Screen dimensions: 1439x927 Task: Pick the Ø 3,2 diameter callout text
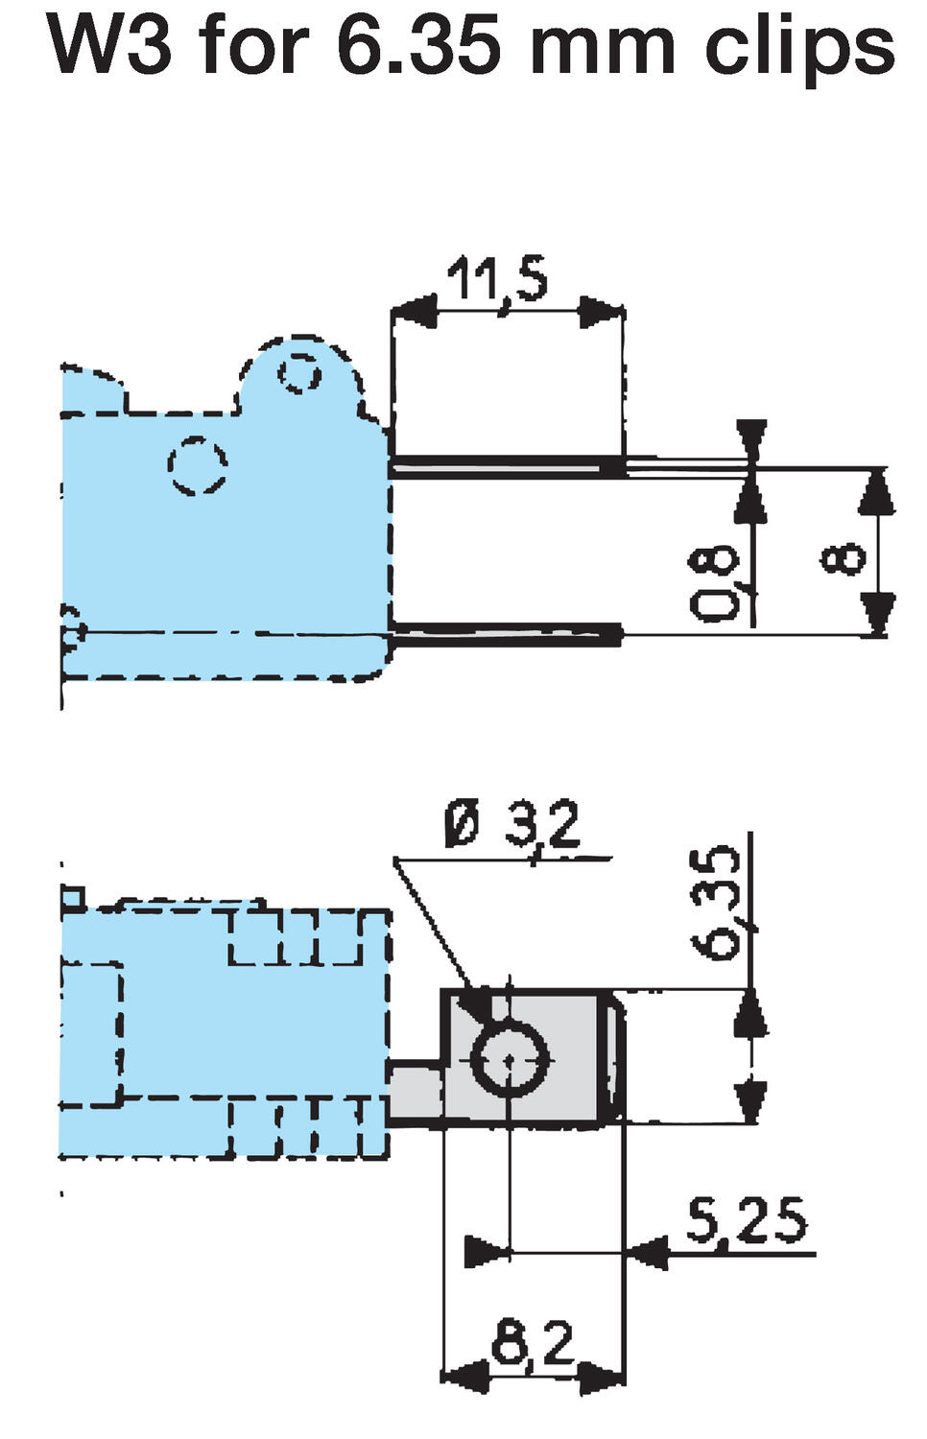(x=513, y=826)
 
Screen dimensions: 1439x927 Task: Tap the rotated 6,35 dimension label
(x=720, y=902)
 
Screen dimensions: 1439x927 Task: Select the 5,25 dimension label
(x=746, y=1222)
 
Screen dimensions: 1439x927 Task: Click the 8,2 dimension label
(x=533, y=1343)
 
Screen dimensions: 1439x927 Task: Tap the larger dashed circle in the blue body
(x=198, y=466)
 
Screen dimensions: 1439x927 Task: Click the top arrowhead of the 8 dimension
(x=871, y=492)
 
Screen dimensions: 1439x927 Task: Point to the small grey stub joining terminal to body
(x=414, y=1094)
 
